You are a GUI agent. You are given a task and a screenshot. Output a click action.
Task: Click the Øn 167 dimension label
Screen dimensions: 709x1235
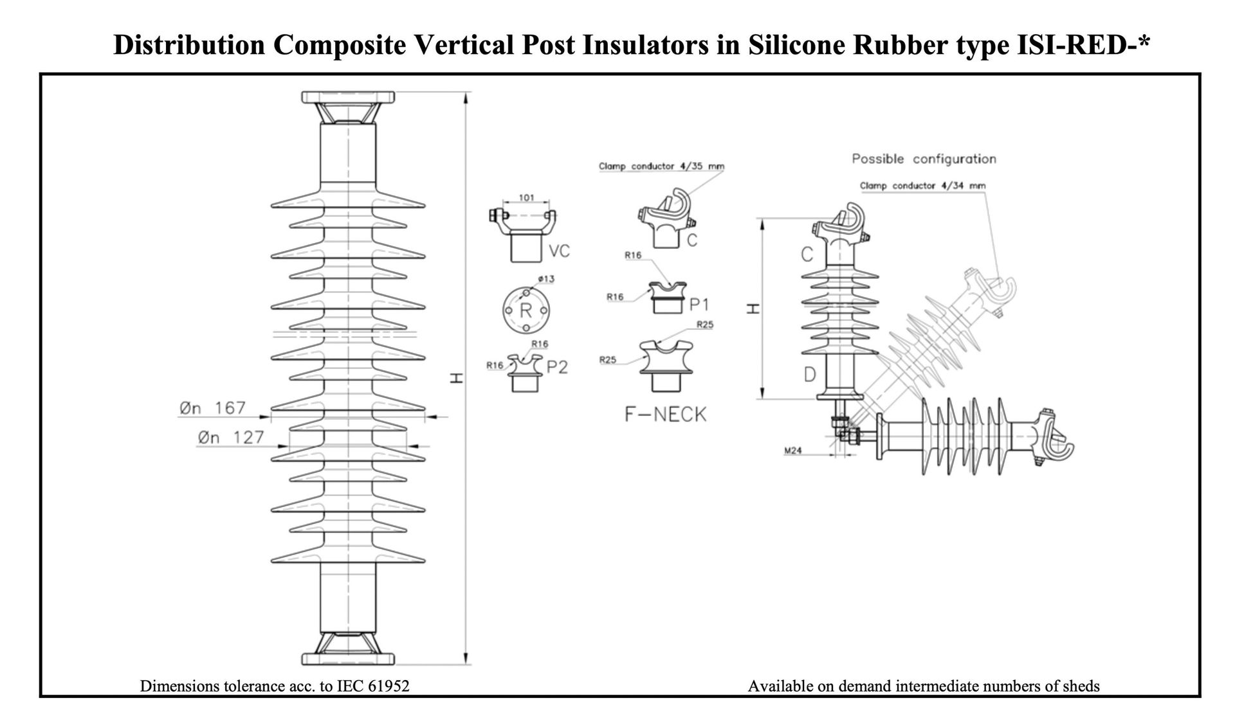[213, 408]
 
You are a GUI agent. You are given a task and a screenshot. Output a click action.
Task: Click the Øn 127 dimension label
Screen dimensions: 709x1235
[231, 438]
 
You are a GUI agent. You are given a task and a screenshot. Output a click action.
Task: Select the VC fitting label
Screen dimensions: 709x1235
[560, 251]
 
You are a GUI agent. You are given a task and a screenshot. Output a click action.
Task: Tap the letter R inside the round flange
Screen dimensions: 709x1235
[526, 310]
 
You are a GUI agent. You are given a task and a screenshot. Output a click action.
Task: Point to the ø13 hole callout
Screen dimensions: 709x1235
[545, 279]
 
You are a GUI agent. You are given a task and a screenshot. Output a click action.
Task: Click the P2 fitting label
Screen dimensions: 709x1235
[558, 368]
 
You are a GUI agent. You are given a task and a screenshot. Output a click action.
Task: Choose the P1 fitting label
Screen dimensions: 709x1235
[699, 304]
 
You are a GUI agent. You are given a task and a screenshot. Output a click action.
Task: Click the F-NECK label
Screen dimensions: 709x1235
[665, 415]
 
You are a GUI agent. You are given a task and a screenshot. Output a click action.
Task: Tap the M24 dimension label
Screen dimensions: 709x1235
[792, 451]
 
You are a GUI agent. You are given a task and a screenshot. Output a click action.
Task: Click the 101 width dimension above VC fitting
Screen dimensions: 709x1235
[526, 198]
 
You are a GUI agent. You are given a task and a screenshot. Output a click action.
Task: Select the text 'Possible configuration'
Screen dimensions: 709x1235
[924, 159]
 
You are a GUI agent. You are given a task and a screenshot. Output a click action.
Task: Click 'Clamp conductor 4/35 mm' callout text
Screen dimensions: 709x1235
[661, 166]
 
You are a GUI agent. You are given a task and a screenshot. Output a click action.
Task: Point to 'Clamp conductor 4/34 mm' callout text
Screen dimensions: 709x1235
[922, 186]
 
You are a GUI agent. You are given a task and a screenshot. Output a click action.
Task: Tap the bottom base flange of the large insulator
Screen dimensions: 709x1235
[348, 658]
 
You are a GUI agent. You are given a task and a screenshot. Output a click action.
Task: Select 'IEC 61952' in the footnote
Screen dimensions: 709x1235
[373, 687]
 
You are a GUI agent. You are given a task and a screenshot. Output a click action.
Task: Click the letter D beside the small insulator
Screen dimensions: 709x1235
[810, 374]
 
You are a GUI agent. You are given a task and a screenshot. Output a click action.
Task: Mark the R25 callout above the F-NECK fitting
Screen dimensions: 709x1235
[705, 325]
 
